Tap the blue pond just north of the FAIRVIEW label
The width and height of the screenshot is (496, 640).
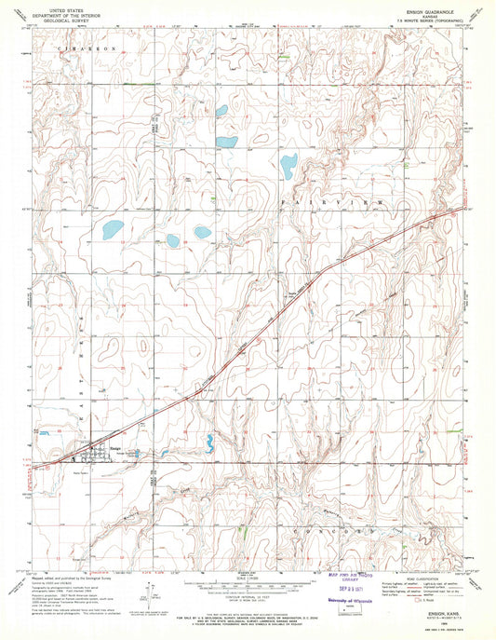click(x=288, y=166)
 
